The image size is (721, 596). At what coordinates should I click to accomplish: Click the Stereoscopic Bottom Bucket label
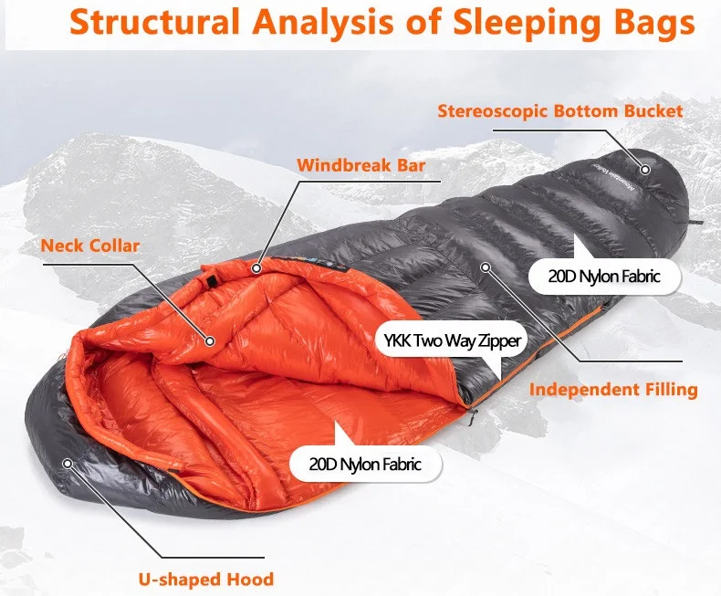pos(560,111)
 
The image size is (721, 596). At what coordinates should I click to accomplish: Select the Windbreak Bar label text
pos(361,166)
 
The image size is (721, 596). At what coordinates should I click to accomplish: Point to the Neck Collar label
pos(89,246)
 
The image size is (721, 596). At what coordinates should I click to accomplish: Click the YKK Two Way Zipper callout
pos(449,342)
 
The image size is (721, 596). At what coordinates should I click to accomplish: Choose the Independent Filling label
pos(613,390)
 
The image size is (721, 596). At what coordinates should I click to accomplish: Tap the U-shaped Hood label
pos(206,579)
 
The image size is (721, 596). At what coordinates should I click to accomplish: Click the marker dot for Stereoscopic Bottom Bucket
pos(644,170)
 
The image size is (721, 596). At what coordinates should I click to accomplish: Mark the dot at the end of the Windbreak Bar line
pos(258,268)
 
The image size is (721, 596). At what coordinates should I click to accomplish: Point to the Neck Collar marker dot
pos(210,341)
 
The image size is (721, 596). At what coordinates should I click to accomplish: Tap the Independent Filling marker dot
pos(486,267)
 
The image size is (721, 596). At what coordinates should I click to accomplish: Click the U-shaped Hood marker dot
pos(67,463)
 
